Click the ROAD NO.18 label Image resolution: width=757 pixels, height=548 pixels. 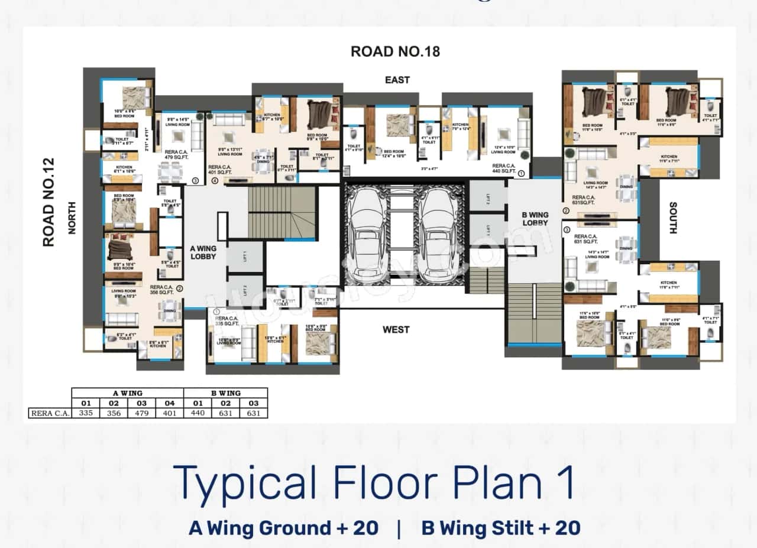click(395, 51)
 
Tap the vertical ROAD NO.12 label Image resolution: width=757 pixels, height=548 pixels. click(48, 202)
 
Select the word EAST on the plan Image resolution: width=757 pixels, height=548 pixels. click(397, 80)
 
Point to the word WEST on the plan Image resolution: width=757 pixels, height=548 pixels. click(396, 329)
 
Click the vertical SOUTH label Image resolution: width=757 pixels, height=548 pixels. click(673, 218)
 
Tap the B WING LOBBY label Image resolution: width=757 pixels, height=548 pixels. click(535, 219)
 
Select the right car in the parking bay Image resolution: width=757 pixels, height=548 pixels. click(438, 235)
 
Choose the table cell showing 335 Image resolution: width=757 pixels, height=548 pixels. click(86, 413)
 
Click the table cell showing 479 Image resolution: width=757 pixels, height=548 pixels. click(141, 413)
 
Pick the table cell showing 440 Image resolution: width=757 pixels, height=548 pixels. click(198, 413)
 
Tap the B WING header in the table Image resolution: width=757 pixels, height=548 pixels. click(225, 393)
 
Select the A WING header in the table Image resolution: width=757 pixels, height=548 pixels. click(127, 393)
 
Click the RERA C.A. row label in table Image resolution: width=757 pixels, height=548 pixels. click(50, 413)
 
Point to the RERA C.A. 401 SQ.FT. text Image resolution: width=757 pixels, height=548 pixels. click(221, 170)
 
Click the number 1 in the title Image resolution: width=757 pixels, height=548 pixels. click(566, 483)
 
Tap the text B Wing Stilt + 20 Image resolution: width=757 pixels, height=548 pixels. click(500, 528)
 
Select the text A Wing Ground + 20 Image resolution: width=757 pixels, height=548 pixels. click(283, 528)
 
